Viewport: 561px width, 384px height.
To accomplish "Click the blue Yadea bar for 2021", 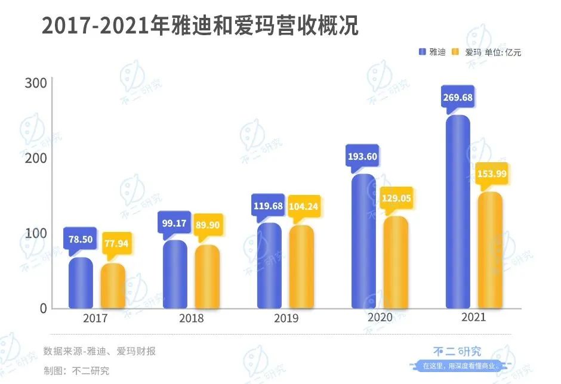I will coord(458,212).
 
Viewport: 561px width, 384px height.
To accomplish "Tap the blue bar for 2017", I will coord(81,283).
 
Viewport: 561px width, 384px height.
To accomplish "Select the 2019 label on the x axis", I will coord(286,318).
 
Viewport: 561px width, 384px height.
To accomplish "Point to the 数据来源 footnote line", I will coord(100,351).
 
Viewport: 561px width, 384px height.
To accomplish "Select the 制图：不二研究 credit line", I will coord(76,370).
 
